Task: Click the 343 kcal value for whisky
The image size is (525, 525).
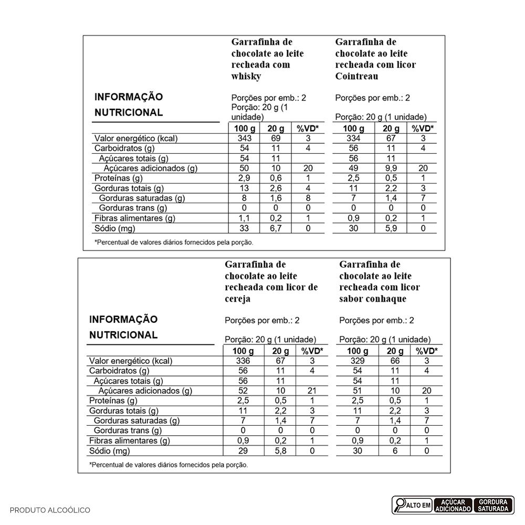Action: pyautogui.click(x=245, y=139)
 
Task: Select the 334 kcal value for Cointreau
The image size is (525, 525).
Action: pyautogui.click(x=350, y=139)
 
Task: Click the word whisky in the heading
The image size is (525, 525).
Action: pyautogui.click(x=246, y=77)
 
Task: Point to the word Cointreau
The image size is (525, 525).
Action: pyautogui.click(x=356, y=77)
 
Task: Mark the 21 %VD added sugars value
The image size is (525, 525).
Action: pyautogui.click(x=312, y=391)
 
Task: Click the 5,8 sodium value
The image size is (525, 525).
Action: pyautogui.click(x=280, y=451)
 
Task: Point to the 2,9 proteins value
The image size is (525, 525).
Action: pyautogui.click(x=245, y=178)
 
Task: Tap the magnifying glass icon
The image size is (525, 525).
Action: pyautogui.click(x=401, y=505)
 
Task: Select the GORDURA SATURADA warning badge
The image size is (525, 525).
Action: pyautogui.click(x=493, y=505)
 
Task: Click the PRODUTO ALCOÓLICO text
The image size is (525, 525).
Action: pyautogui.click(x=50, y=510)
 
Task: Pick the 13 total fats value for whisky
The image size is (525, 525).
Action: pyautogui.click(x=245, y=188)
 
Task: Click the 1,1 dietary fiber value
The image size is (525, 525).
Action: pyautogui.click(x=245, y=218)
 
